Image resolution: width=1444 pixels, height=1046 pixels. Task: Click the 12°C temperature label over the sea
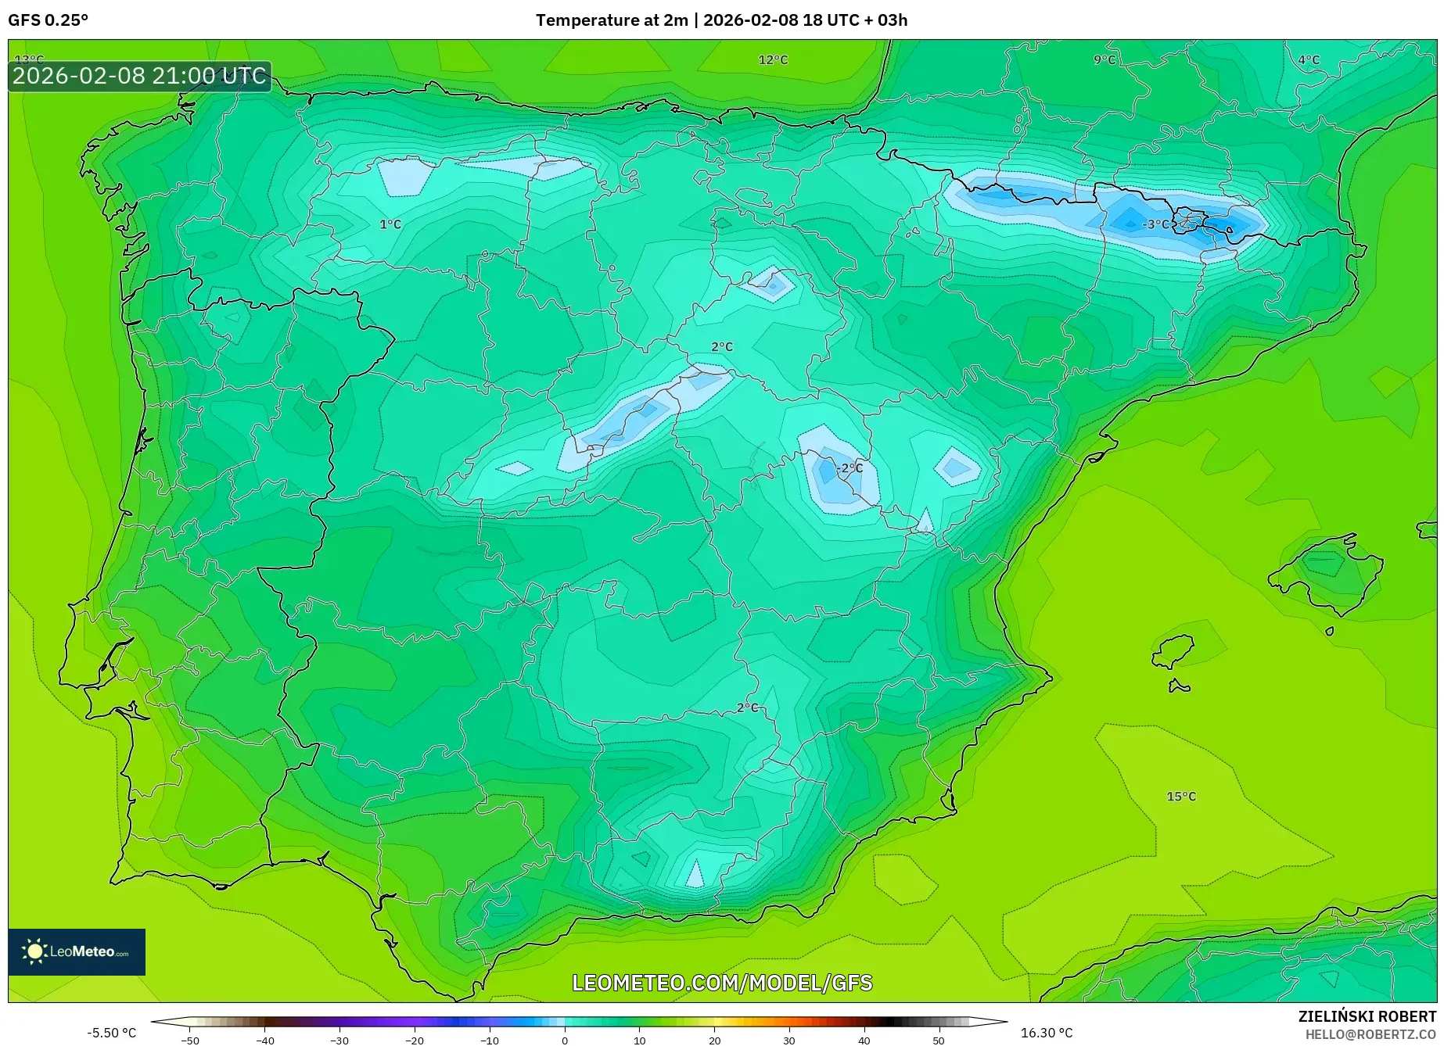point(773,60)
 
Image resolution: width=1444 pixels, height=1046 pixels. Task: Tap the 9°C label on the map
point(1105,60)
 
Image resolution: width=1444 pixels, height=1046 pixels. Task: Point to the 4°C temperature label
point(1309,60)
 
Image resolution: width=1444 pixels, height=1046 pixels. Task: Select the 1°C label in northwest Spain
point(390,224)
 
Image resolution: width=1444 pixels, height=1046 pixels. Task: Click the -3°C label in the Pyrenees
point(1155,224)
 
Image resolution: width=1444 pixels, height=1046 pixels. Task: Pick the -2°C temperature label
point(850,468)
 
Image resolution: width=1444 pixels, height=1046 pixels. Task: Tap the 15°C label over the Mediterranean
point(1181,797)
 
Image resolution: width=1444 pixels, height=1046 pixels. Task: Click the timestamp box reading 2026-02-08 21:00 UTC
point(140,77)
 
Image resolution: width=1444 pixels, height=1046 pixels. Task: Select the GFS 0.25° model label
point(48,20)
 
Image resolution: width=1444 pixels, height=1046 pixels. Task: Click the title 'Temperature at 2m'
point(611,20)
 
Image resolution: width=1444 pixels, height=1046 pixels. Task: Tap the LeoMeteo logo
point(77,951)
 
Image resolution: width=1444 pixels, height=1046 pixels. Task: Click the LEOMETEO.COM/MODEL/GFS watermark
point(722,983)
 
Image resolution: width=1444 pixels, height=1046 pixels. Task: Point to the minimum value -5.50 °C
point(111,1033)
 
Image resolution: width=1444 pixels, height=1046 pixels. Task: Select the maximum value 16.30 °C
point(1047,1033)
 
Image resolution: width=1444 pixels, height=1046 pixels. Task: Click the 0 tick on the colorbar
point(565,1041)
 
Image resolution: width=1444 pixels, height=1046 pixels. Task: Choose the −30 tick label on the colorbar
point(339,1041)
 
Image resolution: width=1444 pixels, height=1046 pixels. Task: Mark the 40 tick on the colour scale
point(864,1041)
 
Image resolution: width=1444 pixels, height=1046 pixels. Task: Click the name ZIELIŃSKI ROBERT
point(1367,1017)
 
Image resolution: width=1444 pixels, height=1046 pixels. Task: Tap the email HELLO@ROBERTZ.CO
point(1370,1034)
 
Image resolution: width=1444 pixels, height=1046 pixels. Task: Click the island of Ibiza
point(1173,651)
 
